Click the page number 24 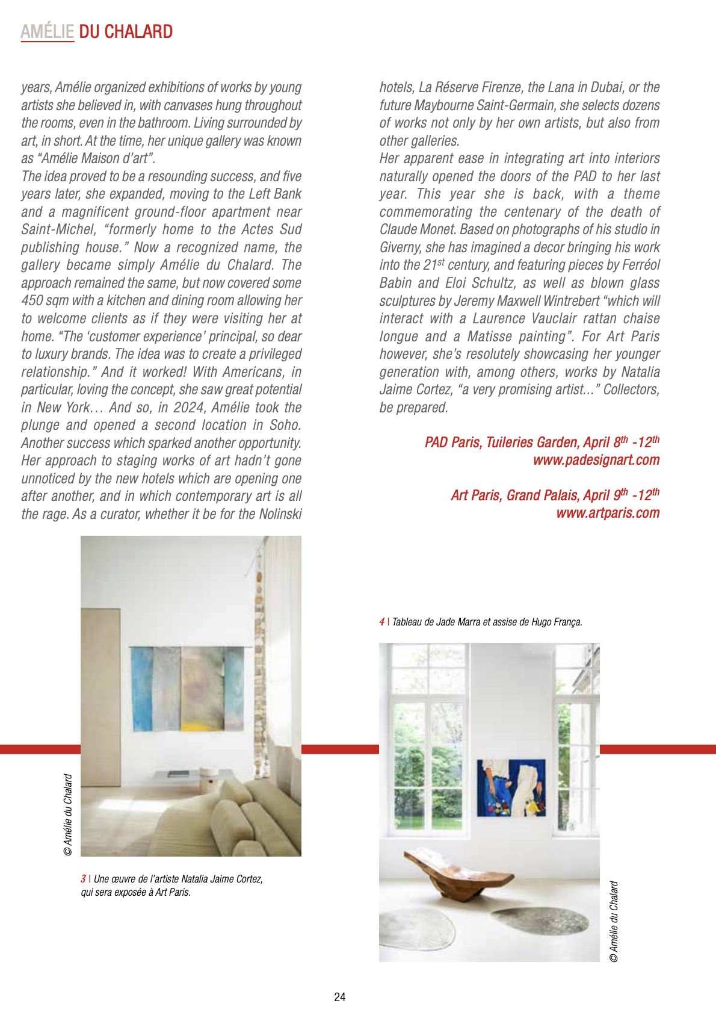pyautogui.click(x=340, y=997)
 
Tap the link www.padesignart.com pyautogui.click(x=596, y=461)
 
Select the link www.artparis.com pyautogui.click(x=608, y=513)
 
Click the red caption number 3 pyautogui.click(x=83, y=879)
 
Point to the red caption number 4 pyautogui.click(x=382, y=622)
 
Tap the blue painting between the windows pyautogui.click(x=511, y=787)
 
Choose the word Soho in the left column pyautogui.click(x=285, y=425)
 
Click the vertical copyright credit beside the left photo pyautogui.click(x=68, y=814)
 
